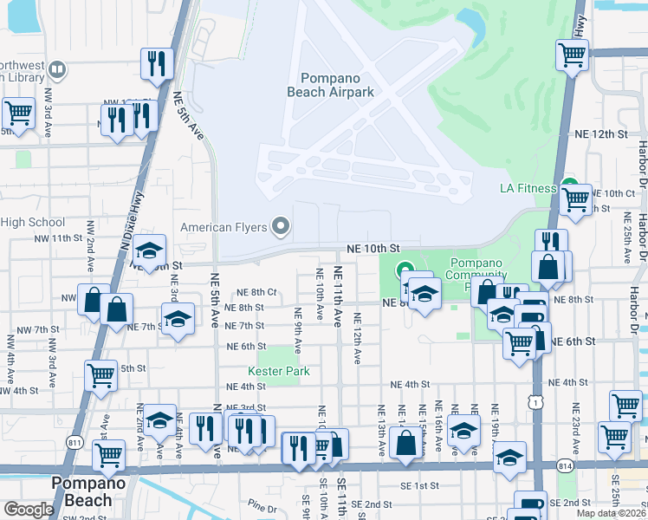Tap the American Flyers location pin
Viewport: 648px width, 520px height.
point(280,227)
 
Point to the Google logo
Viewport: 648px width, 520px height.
point(28,510)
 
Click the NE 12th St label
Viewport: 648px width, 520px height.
point(600,134)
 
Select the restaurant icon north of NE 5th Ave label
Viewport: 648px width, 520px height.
point(157,62)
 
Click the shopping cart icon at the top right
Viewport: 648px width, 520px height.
point(573,55)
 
